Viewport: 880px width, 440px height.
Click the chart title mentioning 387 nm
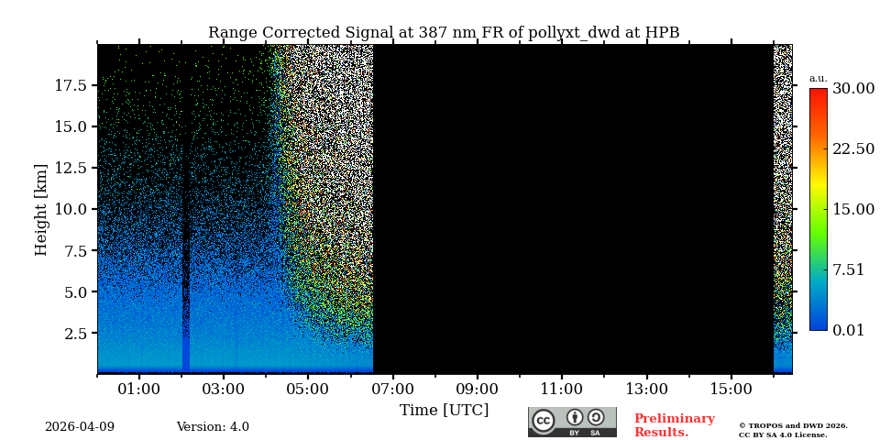(444, 33)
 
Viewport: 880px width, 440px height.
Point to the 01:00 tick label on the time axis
(139, 390)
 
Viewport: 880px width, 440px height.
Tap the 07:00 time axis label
(392, 390)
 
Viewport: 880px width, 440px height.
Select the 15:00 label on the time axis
(731, 390)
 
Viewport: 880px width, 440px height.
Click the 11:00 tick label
(562, 390)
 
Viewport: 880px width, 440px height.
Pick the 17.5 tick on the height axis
(71, 85)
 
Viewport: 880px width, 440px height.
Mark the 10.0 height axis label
(71, 209)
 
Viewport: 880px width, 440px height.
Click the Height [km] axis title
(41, 209)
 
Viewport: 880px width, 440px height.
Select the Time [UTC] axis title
(444, 411)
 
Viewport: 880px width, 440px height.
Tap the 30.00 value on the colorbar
(852, 89)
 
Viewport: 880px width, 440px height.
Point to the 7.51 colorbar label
(848, 269)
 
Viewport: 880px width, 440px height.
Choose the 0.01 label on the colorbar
(848, 330)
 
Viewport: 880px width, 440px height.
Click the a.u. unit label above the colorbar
(818, 79)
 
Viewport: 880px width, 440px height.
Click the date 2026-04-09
(80, 427)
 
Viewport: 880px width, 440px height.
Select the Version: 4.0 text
(213, 427)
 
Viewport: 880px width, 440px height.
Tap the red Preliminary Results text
(674, 425)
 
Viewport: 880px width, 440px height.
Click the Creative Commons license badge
(572, 422)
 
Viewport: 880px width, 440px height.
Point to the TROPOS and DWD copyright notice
(793, 430)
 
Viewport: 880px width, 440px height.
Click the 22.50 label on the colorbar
(852, 148)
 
